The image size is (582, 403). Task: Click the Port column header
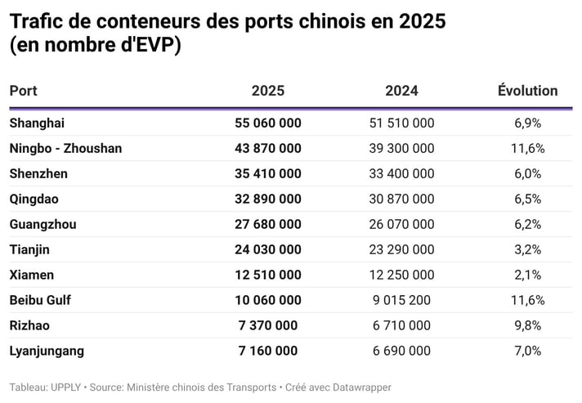click(x=24, y=91)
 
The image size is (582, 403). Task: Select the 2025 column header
click(x=268, y=91)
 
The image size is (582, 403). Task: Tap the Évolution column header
click(x=527, y=91)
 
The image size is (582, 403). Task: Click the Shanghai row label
click(x=37, y=123)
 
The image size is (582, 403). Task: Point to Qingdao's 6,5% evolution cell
click(x=527, y=199)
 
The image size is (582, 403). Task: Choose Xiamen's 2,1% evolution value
click(x=527, y=275)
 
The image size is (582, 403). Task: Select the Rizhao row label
click(x=29, y=325)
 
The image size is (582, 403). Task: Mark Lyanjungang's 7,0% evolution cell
click(x=527, y=351)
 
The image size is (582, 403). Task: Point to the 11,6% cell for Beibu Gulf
click(x=527, y=300)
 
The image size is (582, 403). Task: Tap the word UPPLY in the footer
click(x=65, y=387)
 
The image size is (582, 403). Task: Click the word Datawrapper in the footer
click(x=359, y=387)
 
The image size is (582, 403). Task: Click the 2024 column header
click(x=401, y=91)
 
